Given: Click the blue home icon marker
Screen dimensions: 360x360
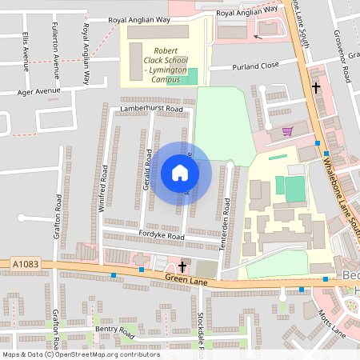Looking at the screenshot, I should click(180, 172).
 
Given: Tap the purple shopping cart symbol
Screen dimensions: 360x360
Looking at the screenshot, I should click(287, 130).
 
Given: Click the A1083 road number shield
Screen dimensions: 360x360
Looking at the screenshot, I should click(24, 263).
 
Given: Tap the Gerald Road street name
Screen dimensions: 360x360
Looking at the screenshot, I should click(148, 168).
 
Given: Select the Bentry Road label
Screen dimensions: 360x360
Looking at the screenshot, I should click(114, 329).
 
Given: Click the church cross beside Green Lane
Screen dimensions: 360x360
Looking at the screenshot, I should click(182, 266).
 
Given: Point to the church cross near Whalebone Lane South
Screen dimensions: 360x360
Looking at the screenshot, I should click(316, 87).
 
